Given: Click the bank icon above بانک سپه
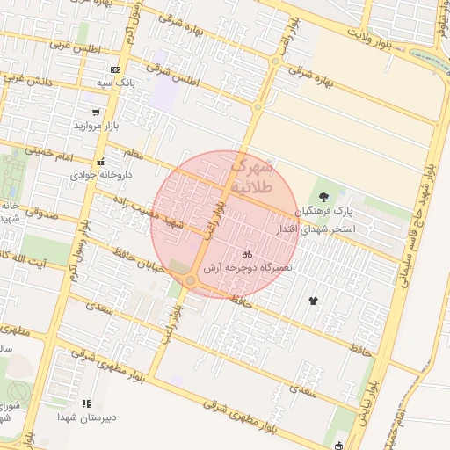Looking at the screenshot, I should (x=115, y=69).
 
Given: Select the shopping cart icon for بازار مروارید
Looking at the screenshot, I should (x=96, y=112).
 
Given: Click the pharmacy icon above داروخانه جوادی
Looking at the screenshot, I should (x=101, y=162).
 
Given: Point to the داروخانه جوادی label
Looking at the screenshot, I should (x=101, y=174).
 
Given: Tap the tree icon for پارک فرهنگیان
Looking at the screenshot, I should (x=324, y=198).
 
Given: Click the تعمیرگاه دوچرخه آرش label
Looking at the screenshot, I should (x=247, y=266).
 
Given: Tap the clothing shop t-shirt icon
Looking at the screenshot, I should (x=314, y=301).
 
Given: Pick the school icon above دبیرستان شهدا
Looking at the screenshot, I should (x=85, y=403).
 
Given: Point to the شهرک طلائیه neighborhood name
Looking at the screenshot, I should (x=253, y=176).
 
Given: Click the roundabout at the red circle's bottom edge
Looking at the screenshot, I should (x=190, y=280).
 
